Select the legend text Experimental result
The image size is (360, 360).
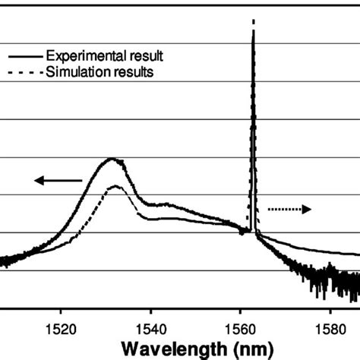coord(105,56)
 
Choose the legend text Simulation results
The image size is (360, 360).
coord(100,72)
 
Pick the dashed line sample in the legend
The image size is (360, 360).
coord(24,73)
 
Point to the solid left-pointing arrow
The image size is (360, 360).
coord(58,180)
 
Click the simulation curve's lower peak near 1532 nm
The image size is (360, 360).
coord(115,186)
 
